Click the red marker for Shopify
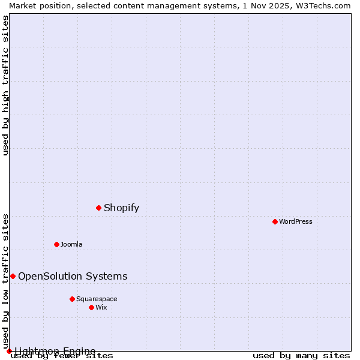[x=98, y=208]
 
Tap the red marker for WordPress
[x=275, y=221]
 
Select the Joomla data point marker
[x=56, y=244]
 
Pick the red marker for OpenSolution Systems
[x=13, y=276]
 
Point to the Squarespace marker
[x=72, y=299]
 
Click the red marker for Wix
[x=91, y=307]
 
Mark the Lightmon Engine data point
[x=9, y=351]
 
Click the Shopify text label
[x=121, y=208]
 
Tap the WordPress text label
[x=295, y=221]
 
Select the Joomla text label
[x=71, y=244]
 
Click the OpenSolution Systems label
[x=73, y=276]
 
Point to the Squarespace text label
[x=97, y=299]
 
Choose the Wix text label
[x=101, y=307]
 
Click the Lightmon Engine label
[x=55, y=351]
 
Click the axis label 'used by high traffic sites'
[x=5, y=85]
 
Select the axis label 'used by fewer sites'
[x=62, y=356]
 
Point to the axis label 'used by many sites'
[x=301, y=356]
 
